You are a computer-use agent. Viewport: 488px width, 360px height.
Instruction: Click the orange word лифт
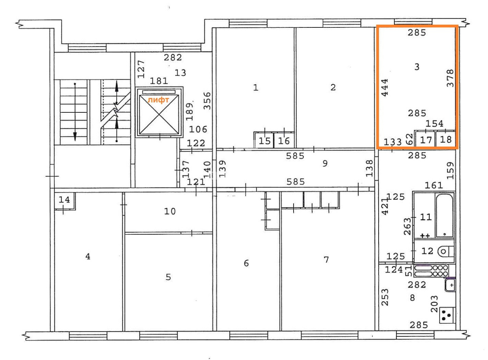click(158, 100)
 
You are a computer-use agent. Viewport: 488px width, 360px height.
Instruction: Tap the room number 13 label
click(180, 73)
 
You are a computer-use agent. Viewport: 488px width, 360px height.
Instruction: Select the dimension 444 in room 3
click(385, 88)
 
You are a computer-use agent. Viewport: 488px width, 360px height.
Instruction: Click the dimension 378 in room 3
click(450, 78)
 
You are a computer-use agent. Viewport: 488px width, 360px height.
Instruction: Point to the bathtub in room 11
click(444, 216)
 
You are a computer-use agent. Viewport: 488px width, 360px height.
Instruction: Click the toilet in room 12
click(446, 251)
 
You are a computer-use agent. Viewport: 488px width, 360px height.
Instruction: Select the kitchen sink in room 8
click(450, 285)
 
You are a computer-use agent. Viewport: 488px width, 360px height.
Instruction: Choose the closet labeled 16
click(284, 140)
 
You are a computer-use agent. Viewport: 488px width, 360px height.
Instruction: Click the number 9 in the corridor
click(325, 163)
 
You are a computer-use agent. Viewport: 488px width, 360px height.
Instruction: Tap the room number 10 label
click(170, 211)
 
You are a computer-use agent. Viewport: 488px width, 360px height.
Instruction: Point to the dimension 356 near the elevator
click(207, 101)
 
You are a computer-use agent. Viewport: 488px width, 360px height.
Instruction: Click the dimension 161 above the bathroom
click(433, 186)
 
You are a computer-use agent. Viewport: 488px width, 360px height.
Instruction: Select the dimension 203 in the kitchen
click(434, 304)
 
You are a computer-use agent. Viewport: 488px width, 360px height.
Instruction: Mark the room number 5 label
click(168, 277)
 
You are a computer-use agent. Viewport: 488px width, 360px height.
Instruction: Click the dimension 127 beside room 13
click(141, 69)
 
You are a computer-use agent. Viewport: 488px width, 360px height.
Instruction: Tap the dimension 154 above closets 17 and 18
click(434, 124)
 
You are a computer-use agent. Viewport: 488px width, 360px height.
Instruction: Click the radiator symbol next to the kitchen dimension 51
click(431, 271)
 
